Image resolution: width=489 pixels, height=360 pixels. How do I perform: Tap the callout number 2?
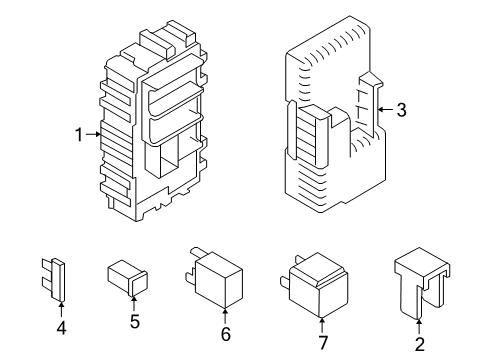point(419,346)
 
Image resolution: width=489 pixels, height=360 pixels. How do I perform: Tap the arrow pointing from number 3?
point(386,112)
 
